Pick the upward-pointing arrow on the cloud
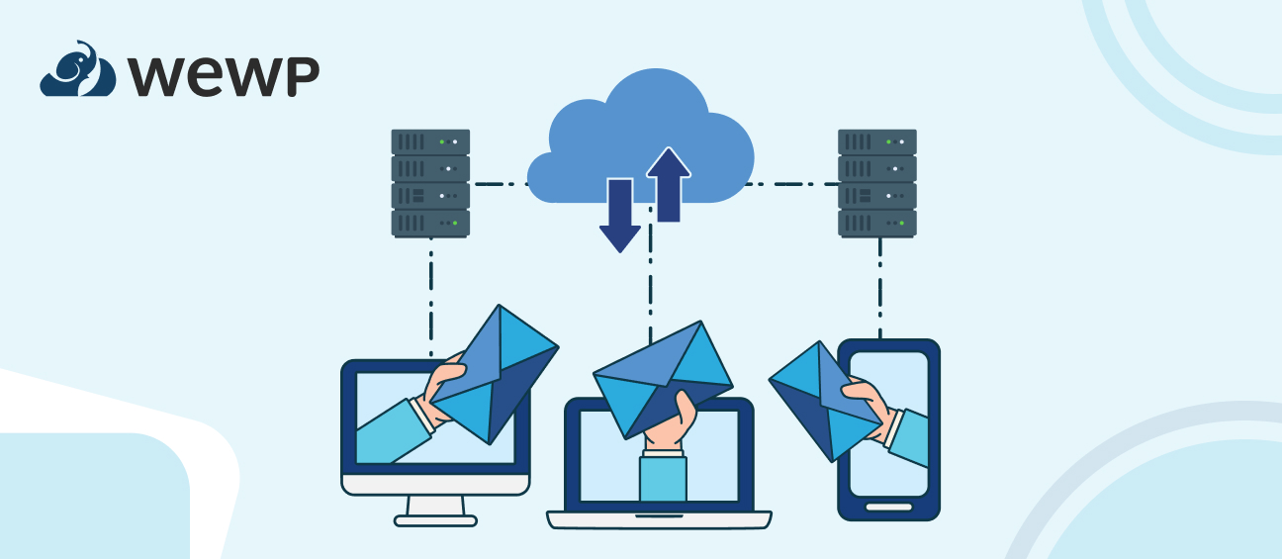pyautogui.click(x=669, y=183)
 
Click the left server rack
pyautogui.click(x=430, y=182)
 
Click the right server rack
pyautogui.click(x=876, y=182)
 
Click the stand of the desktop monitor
pyautogui.click(x=435, y=509)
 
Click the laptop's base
pyautogui.click(x=659, y=519)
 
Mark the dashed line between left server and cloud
pyautogui.click(x=499, y=184)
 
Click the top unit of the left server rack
pyautogui.click(x=430, y=141)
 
